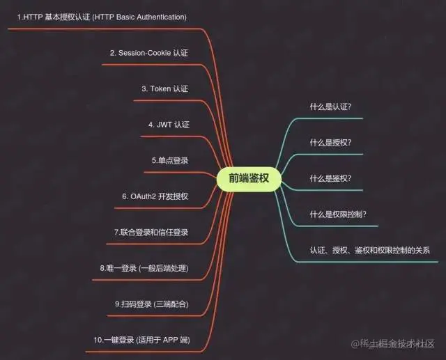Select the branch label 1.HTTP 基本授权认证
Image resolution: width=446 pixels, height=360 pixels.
(x=102, y=16)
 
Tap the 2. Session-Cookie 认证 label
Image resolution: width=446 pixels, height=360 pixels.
(x=149, y=52)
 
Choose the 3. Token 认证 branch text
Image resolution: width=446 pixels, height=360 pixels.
(x=165, y=88)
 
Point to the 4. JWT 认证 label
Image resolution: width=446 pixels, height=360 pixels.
(x=169, y=125)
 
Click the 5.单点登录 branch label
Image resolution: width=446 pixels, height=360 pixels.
(x=170, y=160)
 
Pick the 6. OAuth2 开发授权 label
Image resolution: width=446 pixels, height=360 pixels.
(x=155, y=196)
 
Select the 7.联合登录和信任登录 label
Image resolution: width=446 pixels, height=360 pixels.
(x=151, y=232)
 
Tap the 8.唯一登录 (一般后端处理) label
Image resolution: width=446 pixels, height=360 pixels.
(x=144, y=268)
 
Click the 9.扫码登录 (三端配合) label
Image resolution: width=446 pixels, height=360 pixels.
(x=152, y=304)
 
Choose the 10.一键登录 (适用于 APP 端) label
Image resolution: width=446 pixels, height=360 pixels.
(x=141, y=340)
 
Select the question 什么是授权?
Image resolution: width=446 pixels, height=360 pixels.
(x=330, y=143)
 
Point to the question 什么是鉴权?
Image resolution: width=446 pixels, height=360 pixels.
(x=330, y=178)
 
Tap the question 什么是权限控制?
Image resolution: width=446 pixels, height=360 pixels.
(x=338, y=214)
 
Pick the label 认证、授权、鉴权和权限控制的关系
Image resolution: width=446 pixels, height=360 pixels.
(x=370, y=250)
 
